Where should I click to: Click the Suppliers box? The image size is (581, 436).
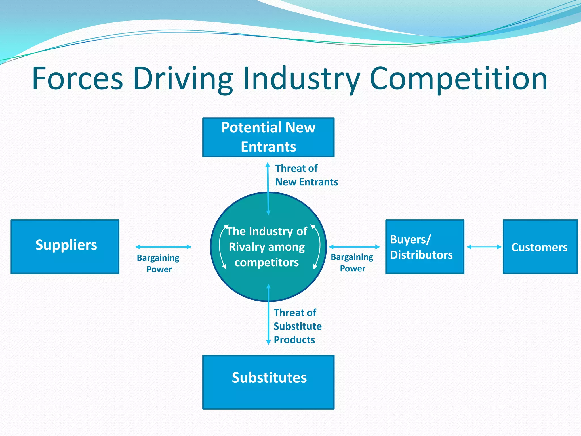click(x=65, y=247)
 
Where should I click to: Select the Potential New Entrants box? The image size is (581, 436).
click(x=268, y=137)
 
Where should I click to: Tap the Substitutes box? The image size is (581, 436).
click(x=268, y=382)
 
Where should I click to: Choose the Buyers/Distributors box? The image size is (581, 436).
click(x=424, y=247)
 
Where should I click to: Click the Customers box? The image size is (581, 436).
click(x=540, y=247)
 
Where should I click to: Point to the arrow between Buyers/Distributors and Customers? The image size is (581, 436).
click(x=484, y=247)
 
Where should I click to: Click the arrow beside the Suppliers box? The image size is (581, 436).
click(x=163, y=247)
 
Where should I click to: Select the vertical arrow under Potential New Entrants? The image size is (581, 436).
click(x=268, y=189)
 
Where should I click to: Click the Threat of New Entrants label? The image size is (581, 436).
click(x=306, y=175)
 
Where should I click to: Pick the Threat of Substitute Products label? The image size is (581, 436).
click(x=297, y=326)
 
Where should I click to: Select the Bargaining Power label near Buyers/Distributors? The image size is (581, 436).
click(x=352, y=263)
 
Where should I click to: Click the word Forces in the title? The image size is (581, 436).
click(x=77, y=78)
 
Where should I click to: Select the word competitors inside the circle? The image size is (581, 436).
click(x=267, y=263)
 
